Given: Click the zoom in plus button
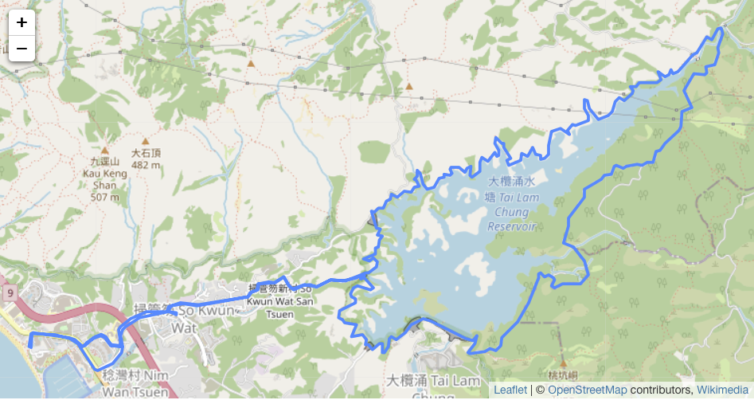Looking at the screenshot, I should point(21,22).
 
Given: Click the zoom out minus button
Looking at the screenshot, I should point(21,49).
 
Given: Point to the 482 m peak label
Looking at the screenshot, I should point(146,165).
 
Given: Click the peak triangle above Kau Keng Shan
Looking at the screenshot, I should point(104,150).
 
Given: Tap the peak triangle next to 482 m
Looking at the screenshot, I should point(146,139).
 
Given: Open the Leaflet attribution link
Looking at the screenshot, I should point(510,390).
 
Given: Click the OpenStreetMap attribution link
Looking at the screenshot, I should point(587,390).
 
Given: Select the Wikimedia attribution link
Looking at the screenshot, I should point(722,390).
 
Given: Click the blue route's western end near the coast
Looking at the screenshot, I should point(30,347).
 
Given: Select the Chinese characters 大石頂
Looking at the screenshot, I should point(147,153).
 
